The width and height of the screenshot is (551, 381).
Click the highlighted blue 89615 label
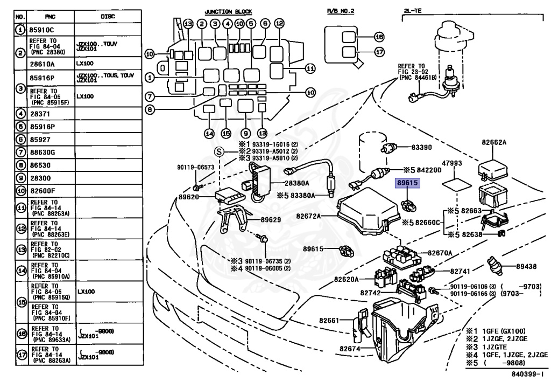click(408, 183)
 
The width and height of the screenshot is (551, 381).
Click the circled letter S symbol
click(218, 151)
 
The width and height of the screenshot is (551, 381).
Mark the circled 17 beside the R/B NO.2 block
click(379, 53)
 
